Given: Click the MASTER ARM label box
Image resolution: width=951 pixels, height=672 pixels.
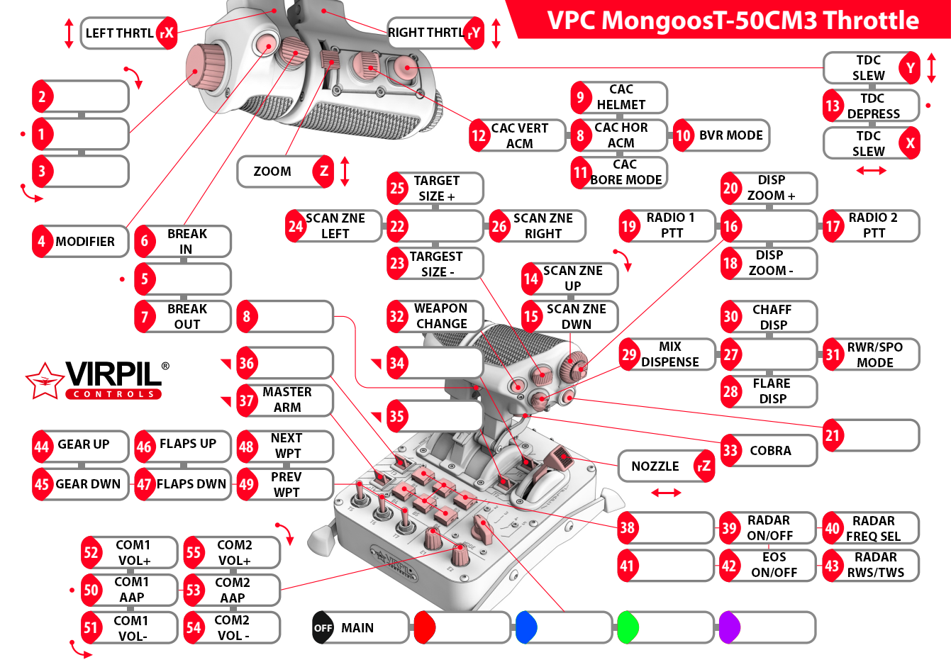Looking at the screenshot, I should coord(287,401).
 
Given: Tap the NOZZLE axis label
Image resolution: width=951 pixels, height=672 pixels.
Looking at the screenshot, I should coord(656,466).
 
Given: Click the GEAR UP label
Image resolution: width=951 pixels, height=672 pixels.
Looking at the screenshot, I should coord(83,445).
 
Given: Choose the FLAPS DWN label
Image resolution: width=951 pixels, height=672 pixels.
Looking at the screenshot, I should coord(191,484).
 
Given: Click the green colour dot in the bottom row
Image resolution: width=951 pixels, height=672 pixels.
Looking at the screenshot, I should coord(628,628).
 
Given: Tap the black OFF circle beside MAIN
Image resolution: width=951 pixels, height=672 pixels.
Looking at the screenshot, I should coord(323,628).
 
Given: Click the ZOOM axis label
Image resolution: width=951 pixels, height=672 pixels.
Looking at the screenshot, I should coord(273,172).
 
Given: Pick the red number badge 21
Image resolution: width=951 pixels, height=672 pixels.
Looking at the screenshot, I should coord(833,436).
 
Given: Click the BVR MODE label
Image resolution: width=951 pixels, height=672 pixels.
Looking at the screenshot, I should coord(730,135).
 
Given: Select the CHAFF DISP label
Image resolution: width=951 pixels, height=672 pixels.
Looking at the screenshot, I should coord(772,317).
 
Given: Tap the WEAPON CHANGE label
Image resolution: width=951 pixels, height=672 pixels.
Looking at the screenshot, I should coord(441,316).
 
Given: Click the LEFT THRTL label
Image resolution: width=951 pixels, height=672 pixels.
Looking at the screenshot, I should coord(119,33).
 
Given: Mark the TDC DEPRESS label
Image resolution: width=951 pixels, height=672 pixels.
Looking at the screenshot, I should coord(873,106).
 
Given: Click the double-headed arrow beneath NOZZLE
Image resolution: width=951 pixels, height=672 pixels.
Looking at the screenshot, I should coord(666,493).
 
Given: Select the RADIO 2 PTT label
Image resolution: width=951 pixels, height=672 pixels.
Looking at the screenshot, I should coord(873,225).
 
